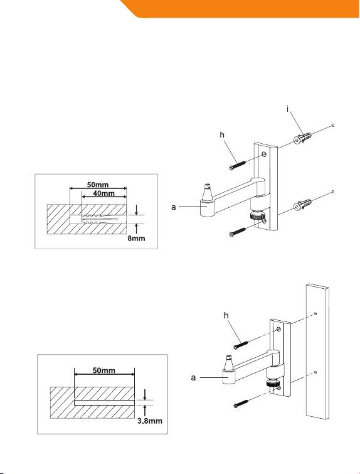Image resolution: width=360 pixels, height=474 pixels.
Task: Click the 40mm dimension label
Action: (x=103, y=193)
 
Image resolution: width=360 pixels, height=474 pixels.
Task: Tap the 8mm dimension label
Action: (x=136, y=239)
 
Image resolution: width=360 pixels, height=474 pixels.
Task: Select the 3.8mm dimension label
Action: (x=150, y=421)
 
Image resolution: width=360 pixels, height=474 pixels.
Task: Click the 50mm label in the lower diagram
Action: (x=104, y=370)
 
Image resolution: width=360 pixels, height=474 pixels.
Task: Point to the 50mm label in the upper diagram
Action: (x=98, y=185)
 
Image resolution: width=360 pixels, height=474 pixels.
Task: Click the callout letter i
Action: (x=288, y=109)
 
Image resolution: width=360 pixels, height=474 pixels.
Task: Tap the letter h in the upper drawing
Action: (x=222, y=135)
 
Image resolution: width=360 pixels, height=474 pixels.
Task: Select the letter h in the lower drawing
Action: (x=226, y=316)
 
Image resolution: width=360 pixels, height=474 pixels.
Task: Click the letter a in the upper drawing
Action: (x=174, y=207)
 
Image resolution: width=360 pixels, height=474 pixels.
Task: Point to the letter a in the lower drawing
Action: (x=194, y=377)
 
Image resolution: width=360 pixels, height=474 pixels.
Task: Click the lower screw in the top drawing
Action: (x=237, y=232)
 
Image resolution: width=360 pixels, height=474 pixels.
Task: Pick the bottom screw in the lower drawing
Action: (x=241, y=403)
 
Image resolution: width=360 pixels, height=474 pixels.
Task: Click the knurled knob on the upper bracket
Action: (x=257, y=215)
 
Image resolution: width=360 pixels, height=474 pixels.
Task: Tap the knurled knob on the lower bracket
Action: (x=272, y=384)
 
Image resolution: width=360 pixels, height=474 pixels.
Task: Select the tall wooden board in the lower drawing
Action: (x=317, y=352)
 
